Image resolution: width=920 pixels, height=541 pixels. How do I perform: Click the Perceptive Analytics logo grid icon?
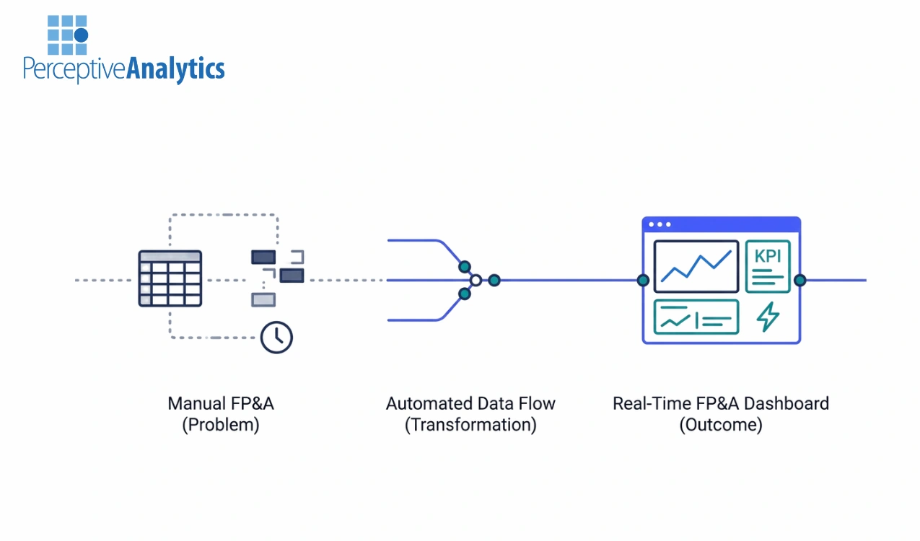pos(67,35)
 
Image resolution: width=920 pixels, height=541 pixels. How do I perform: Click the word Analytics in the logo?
pos(175,69)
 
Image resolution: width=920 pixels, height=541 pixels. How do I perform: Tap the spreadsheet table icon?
pos(170,278)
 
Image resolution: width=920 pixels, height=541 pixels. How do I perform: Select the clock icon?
pos(276,337)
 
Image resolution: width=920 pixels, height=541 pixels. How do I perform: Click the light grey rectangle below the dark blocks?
pos(263,299)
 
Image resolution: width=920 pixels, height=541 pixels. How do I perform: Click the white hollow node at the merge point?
pos(476,280)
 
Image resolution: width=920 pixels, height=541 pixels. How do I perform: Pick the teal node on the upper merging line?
pos(465,266)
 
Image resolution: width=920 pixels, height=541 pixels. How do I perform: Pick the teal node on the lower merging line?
pos(465,294)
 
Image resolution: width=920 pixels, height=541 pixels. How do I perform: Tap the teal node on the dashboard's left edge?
pos(643,280)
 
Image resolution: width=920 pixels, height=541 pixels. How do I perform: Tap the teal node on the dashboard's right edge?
pos(799,280)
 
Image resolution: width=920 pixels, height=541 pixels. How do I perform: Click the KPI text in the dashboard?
pos(767,255)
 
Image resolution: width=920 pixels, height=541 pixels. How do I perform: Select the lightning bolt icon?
pos(767,317)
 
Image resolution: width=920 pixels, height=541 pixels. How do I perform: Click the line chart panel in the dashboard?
pos(696,266)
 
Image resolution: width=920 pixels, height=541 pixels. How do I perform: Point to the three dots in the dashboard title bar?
pos(660,224)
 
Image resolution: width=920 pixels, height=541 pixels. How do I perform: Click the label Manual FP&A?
pos(221,403)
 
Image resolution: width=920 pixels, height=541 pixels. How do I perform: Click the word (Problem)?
pos(221,425)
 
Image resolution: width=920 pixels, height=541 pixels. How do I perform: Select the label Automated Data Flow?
pos(470,403)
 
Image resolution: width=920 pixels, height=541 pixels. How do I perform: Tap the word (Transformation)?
pos(470,425)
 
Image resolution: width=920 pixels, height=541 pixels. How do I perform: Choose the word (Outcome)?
pos(720,425)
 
